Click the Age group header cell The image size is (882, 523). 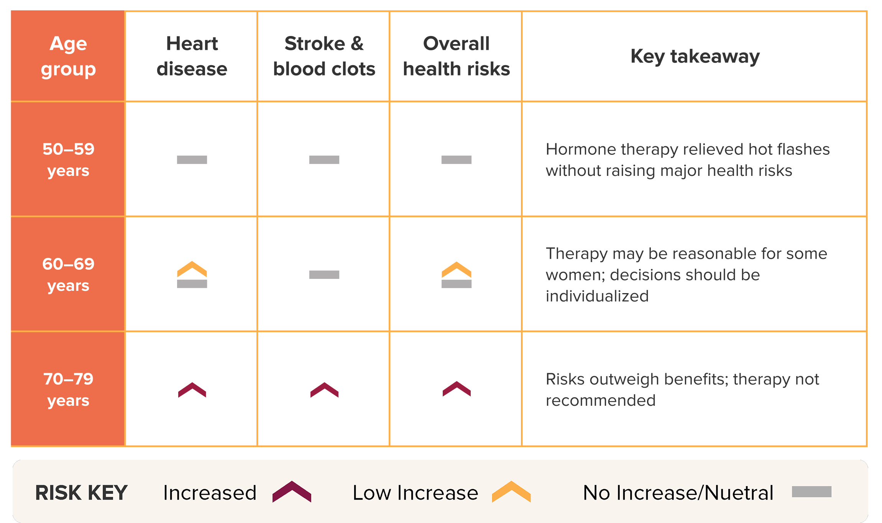[x=68, y=56]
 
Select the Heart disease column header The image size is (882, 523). [x=192, y=56]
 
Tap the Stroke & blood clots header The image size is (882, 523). [x=324, y=56]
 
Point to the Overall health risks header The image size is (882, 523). [x=456, y=56]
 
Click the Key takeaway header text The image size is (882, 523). [x=695, y=57]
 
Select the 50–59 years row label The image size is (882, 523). [x=68, y=159]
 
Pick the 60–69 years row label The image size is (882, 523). [x=68, y=274]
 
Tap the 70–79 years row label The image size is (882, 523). [x=68, y=389]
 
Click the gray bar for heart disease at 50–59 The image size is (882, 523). [x=192, y=161]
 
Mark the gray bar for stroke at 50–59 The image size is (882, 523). [x=324, y=161]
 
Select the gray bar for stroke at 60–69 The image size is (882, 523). [x=324, y=274]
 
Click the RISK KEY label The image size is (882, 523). [x=81, y=493]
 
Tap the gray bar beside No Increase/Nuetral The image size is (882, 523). [x=811, y=492]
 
